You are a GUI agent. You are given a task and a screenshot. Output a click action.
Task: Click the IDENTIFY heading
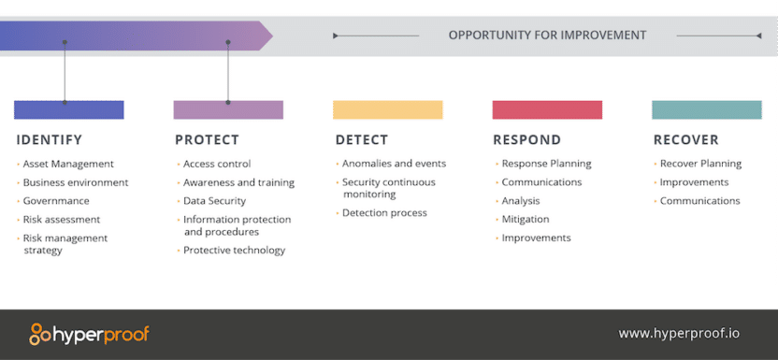tap(49, 140)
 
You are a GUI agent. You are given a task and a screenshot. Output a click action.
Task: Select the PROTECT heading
tap(207, 140)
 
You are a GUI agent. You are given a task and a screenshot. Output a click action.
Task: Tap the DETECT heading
tap(361, 140)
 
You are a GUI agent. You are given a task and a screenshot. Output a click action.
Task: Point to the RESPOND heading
tap(526, 140)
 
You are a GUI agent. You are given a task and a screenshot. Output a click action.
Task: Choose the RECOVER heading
tap(685, 140)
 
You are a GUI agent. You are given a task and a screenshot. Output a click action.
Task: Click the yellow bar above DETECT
tap(387, 109)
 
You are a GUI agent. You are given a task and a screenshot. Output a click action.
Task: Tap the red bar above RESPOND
tap(547, 109)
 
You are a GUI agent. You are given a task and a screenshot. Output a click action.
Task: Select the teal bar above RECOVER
tap(706, 109)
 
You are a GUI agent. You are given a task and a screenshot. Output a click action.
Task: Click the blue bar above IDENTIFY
tap(68, 109)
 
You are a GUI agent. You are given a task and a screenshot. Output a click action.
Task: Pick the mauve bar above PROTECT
tap(228, 109)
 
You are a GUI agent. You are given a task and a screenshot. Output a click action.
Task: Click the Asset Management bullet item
tap(67, 164)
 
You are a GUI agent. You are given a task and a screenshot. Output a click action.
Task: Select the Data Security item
tap(214, 201)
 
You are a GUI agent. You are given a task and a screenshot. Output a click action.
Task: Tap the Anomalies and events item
tap(394, 164)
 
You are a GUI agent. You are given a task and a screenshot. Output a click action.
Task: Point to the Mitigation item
tap(525, 220)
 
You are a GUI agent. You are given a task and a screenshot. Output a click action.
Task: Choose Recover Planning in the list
tap(700, 164)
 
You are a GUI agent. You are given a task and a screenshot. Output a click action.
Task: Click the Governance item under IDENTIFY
tap(56, 201)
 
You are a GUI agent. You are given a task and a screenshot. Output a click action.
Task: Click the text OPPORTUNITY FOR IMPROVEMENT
tap(547, 36)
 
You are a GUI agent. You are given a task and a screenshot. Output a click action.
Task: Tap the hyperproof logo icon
tap(41, 334)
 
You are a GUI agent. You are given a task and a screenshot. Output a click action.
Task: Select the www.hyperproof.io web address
tap(679, 334)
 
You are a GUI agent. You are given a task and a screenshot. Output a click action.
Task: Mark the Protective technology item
tap(234, 251)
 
